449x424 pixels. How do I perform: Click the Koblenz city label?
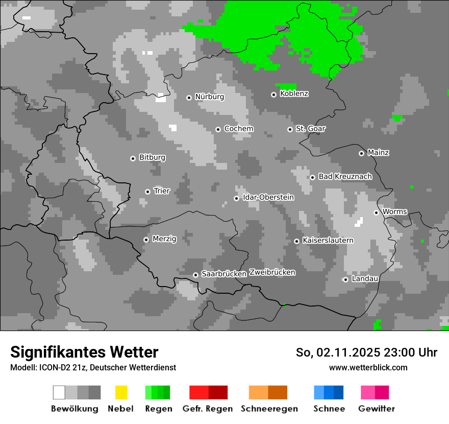294,94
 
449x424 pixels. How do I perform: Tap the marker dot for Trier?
147,192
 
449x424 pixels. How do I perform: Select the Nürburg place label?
209,97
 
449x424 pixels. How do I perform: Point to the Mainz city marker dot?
361,153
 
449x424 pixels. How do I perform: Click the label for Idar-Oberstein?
268,197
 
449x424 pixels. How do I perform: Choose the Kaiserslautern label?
328,240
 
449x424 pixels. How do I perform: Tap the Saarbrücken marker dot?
195,275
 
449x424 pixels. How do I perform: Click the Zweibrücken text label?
272,272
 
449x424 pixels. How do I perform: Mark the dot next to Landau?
345,279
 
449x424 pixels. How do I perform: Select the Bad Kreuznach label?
345,177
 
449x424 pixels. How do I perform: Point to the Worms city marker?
376,213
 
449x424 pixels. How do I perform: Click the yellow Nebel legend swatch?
121,392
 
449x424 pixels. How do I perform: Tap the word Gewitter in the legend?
376,409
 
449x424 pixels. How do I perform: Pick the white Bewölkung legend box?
59,392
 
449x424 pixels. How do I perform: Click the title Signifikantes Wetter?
84,352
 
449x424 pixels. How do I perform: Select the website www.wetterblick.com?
368,367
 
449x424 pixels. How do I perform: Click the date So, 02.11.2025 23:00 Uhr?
366,352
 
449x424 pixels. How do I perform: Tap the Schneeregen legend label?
269,409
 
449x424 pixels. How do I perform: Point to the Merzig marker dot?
146,240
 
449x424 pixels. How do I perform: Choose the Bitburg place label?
152,157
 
